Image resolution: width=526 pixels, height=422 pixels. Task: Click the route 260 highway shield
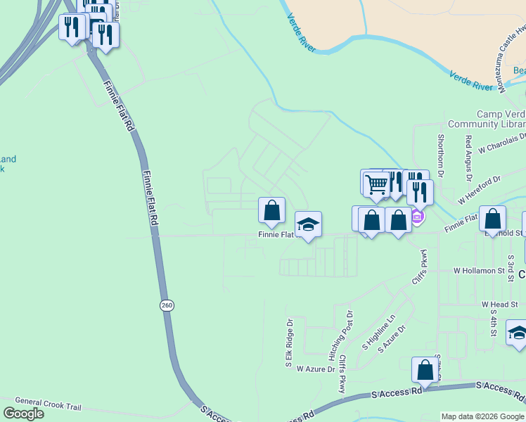[x=166, y=305]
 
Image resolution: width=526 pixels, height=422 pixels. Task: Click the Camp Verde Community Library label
[x=501, y=119]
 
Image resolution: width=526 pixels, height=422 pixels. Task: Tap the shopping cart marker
[x=377, y=184]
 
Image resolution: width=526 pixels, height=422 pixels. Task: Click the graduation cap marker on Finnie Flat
[x=308, y=225]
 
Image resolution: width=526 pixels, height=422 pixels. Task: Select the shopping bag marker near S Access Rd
[x=425, y=370]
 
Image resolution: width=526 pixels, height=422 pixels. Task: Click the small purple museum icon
[x=416, y=216]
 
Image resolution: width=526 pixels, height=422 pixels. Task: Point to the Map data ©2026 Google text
[x=482, y=416]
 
